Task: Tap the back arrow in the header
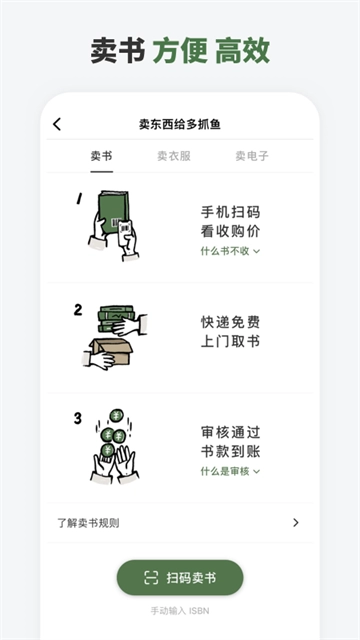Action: coord(57,124)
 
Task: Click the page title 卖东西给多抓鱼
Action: coord(180,124)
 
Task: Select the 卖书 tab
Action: coord(101,156)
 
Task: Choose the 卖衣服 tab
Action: coord(174,156)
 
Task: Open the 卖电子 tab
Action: coord(251,156)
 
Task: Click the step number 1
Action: coord(79,199)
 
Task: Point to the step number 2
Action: coord(78,309)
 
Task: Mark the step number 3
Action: coord(78,418)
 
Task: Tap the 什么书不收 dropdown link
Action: coord(230,251)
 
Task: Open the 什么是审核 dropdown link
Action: coord(230,471)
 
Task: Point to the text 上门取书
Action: coord(230,341)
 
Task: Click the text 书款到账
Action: coord(230,451)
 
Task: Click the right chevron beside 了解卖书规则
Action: coord(295,522)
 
